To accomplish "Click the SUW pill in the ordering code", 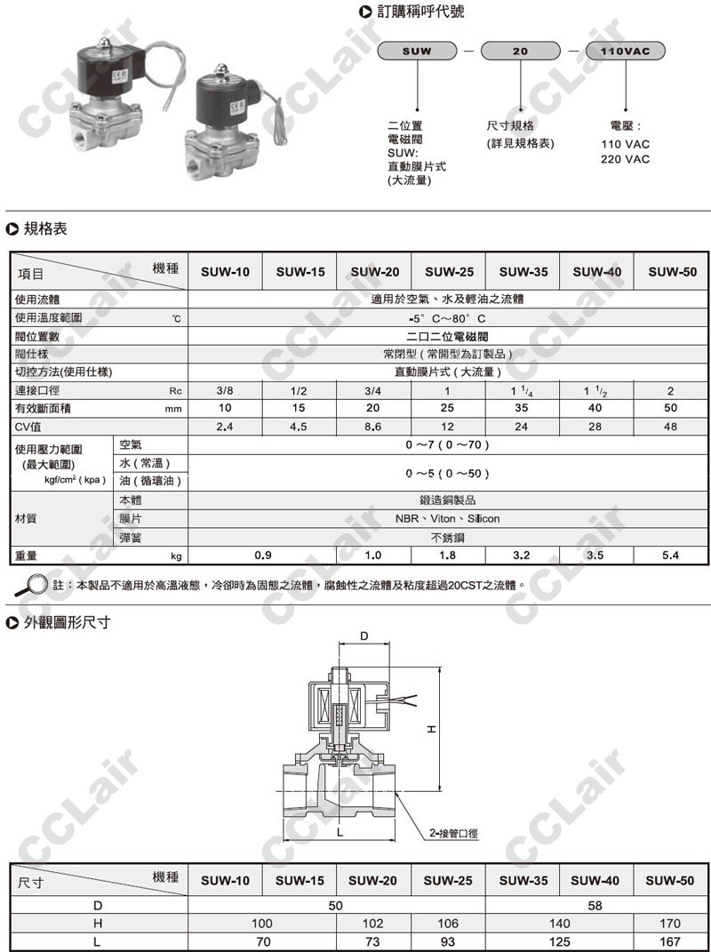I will [x=416, y=52].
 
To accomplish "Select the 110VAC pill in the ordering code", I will [x=626, y=52].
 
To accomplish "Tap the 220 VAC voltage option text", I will [x=626, y=160].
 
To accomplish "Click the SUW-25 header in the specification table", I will [x=448, y=272].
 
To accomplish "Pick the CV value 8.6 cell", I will [x=373, y=427].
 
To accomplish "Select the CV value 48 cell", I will [x=671, y=427].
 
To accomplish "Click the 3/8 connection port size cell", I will [x=225, y=390].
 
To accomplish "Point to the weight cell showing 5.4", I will [x=671, y=556].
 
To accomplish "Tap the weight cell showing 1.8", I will [x=448, y=556].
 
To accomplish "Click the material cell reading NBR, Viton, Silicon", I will [x=447, y=518].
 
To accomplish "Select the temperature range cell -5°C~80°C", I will [x=447, y=318].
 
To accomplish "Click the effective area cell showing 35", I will [x=522, y=408].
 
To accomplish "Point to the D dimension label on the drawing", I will [x=364, y=636].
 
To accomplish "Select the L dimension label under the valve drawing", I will [x=340, y=834].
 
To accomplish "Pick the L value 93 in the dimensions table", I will [x=448, y=941].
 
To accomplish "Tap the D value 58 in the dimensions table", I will [x=595, y=905].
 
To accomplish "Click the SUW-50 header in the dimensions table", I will [x=670, y=881].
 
